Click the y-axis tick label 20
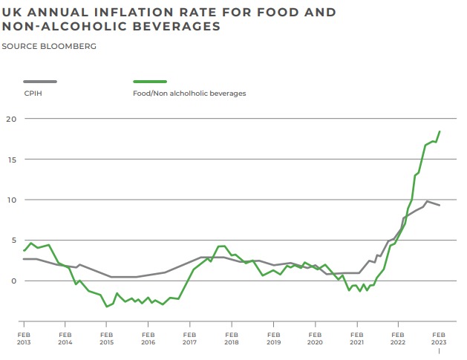pos(10,119)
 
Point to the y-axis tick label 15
pos(10,160)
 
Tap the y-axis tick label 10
pos(10,200)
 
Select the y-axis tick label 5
pos(12,240)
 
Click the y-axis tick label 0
pos(12,281)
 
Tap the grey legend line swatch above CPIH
pos(39,82)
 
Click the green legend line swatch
pos(149,82)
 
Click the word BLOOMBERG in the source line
pos(71,46)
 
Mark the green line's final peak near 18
pos(440,131)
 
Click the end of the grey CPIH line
pos(440,205)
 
